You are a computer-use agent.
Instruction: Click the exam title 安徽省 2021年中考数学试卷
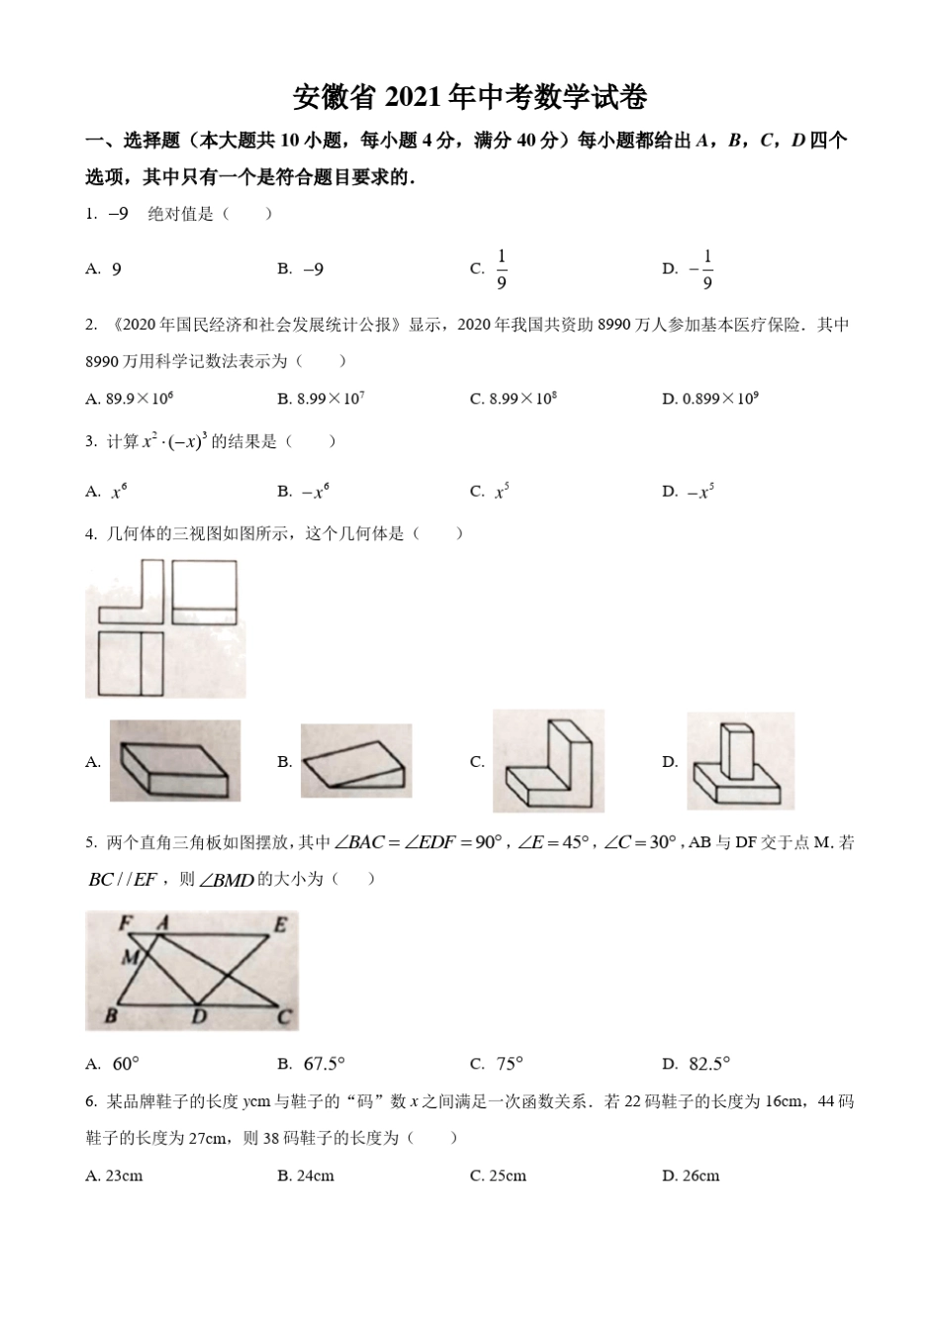470,97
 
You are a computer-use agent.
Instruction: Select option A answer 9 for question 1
116,269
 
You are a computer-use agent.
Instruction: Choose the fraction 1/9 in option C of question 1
502,269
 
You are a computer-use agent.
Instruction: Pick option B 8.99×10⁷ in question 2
322,399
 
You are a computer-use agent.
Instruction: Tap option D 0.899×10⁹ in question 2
710,399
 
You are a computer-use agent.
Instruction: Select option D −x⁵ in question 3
701,491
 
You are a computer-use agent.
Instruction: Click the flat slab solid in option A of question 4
175,761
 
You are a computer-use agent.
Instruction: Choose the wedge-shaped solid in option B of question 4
355,760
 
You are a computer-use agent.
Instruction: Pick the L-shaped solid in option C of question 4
548,761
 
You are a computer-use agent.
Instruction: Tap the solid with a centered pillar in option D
740,761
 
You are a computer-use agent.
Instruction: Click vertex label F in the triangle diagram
126,922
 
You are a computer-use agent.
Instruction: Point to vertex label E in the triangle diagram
281,925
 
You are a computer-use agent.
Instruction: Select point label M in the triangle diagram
130,956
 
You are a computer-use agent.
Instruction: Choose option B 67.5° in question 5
324,1064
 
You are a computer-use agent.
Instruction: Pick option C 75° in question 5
509,1064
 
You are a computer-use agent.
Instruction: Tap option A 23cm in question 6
115,1176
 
